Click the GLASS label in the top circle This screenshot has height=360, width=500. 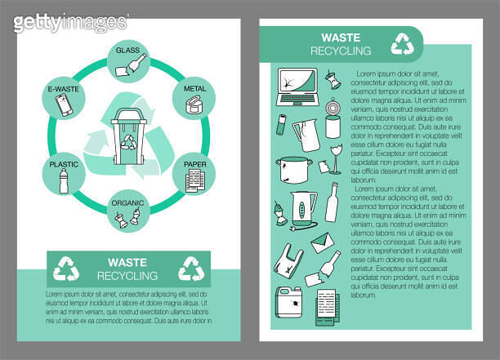[x=127, y=51]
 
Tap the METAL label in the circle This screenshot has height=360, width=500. [x=194, y=88]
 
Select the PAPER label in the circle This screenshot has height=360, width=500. [x=194, y=163]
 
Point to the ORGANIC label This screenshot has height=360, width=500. [x=128, y=203]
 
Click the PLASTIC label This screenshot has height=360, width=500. [x=64, y=164]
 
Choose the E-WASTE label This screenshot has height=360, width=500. [x=63, y=88]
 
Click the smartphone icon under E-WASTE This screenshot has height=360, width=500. [x=63, y=104]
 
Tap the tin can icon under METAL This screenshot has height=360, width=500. [x=194, y=104]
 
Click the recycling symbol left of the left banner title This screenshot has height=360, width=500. [x=68, y=268]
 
